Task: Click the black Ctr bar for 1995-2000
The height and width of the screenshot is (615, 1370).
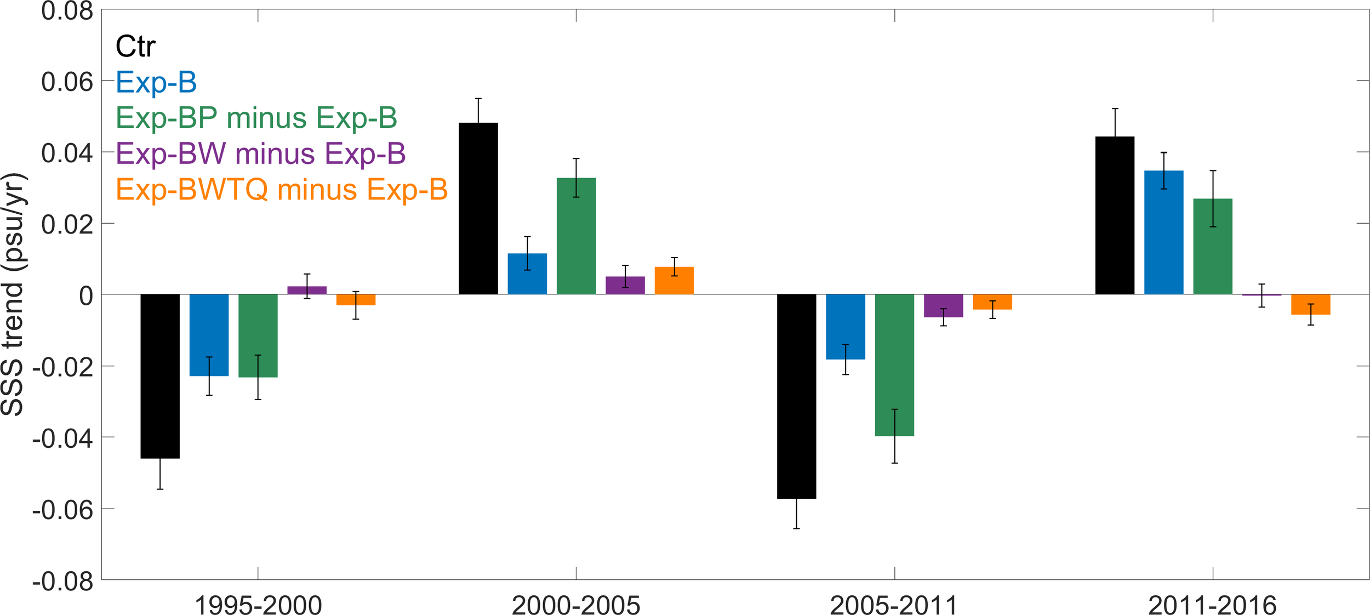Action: click(160, 376)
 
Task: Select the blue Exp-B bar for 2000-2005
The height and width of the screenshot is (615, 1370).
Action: click(527, 274)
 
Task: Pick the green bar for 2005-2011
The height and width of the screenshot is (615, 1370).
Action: click(894, 365)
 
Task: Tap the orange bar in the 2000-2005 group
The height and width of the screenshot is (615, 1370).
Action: click(674, 281)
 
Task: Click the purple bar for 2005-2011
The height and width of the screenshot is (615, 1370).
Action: click(943, 306)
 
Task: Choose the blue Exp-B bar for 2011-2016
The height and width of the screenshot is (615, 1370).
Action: click(1163, 232)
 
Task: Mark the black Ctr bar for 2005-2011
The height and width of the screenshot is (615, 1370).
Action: click(796, 396)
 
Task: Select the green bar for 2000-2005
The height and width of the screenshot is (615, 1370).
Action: click(576, 236)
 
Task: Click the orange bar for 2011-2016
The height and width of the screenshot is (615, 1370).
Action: click(1310, 304)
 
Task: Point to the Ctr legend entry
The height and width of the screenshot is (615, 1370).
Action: click(135, 47)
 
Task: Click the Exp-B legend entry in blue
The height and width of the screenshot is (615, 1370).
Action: click(156, 83)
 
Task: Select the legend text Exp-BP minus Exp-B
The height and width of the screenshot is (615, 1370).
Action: click(256, 118)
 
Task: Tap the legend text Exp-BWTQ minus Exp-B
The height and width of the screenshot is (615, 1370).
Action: click(282, 190)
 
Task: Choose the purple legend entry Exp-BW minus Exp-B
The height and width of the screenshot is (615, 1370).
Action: click(261, 153)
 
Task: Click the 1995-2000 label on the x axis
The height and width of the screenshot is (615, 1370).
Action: click(258, 605)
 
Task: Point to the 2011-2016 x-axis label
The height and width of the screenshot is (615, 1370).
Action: click(1212, 605)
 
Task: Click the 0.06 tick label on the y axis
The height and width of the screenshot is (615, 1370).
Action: click(67, 82)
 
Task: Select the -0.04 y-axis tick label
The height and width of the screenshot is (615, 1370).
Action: click(62, 439)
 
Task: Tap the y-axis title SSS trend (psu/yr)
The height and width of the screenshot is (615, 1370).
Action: click(13, 294)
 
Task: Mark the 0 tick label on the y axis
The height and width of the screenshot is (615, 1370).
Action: click(86, 297)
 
